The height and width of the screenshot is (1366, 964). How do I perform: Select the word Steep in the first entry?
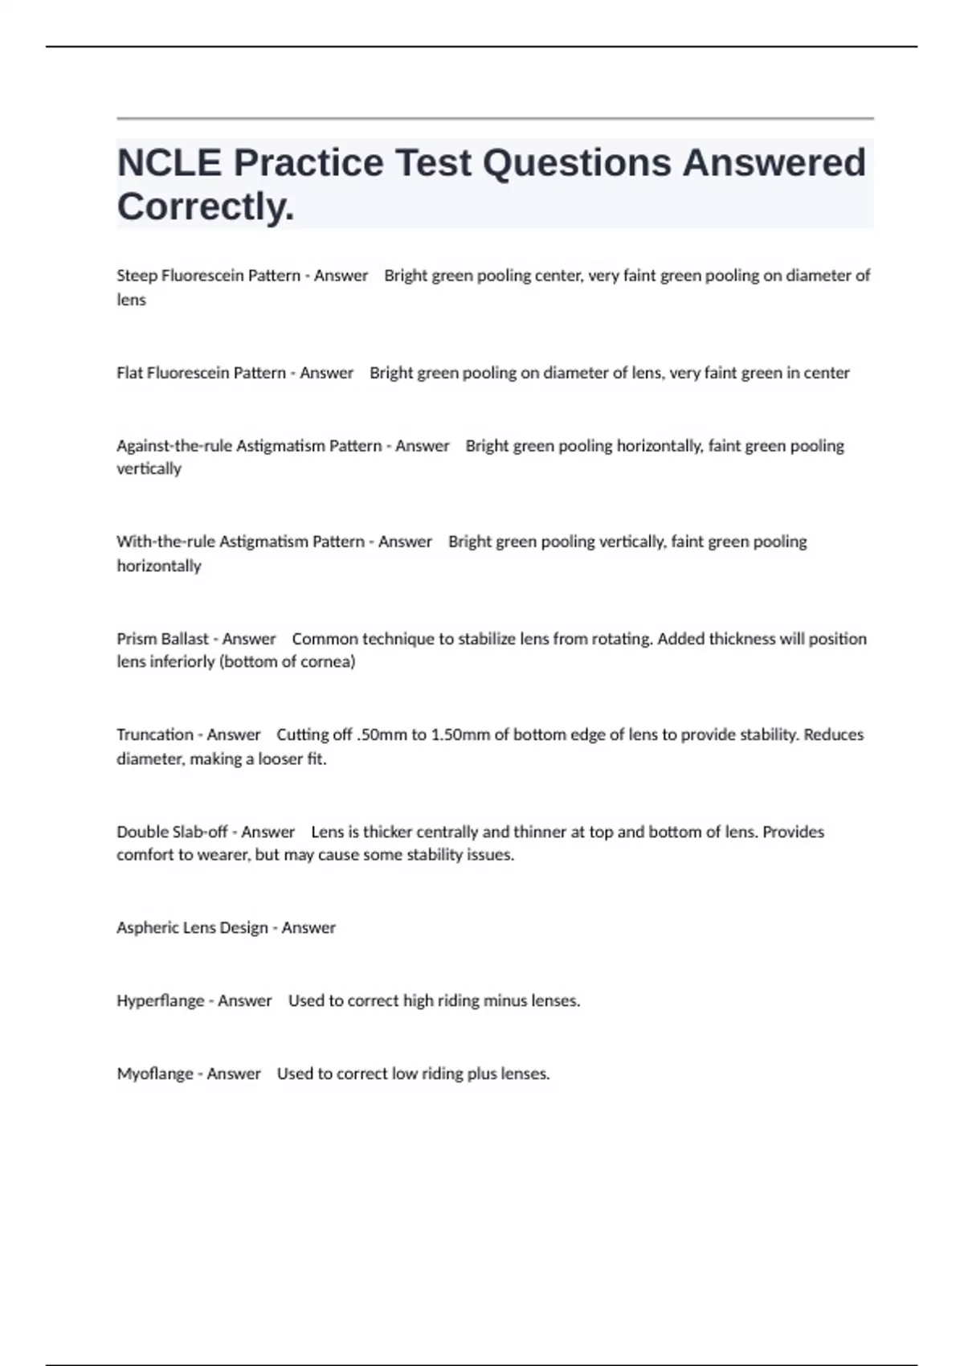click(137, 276)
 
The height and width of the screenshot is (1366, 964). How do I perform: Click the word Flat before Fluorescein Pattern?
click(130, 373)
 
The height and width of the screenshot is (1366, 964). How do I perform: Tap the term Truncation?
click(155, 734)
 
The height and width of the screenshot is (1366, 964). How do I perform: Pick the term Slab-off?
click(200, 832)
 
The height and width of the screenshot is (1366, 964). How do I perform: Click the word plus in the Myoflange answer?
click(481, 1074)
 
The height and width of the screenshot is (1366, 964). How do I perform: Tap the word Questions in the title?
click(577, 163)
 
